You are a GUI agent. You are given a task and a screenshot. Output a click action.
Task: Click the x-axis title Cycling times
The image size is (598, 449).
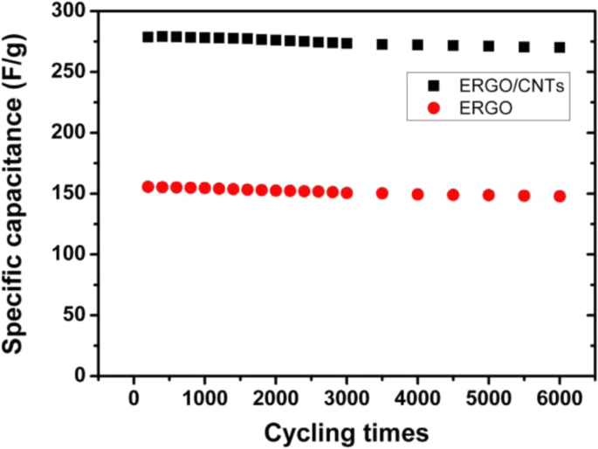(x=347, y=432)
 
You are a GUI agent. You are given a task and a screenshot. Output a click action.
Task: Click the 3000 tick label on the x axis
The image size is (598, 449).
(x=347, y=398)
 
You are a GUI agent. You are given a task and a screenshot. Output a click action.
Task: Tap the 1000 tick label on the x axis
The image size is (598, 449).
(x=204, y=398)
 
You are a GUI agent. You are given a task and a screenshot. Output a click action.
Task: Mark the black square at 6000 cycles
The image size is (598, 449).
(x=560, y=47)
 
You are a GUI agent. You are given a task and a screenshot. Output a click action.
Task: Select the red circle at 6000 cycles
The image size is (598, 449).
(x=560, y=197)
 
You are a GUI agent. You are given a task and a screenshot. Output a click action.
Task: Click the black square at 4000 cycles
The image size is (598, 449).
(x=417, y=45)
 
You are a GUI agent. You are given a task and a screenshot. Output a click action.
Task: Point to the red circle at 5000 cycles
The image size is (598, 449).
(x=489, y=196)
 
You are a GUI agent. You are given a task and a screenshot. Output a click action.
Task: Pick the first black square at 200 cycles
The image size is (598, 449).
(x=148, y=37)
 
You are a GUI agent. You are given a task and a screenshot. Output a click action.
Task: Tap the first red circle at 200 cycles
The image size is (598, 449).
(x=148, y=187)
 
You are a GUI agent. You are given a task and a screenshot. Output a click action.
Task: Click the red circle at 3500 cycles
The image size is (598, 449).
(x=382, y=193)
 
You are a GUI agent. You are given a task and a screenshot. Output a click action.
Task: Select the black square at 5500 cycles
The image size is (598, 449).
(x=524, y=47)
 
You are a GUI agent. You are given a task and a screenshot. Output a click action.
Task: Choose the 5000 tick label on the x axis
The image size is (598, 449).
(x=489, y=398)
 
